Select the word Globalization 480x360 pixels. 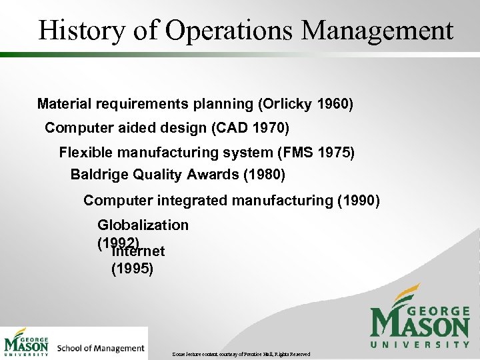pyautogui.click(x=143, y=225)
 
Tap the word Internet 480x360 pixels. pyautogui.click(x=139, y=252)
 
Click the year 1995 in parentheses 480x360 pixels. pyautogui.click(x=132, y=269)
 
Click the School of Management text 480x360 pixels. pyautogui.click(x=101, y=348)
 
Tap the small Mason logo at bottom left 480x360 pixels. pyautogui.click(x=27, y=343)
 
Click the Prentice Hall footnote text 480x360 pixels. pyautogui.click(x=239, y=353)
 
